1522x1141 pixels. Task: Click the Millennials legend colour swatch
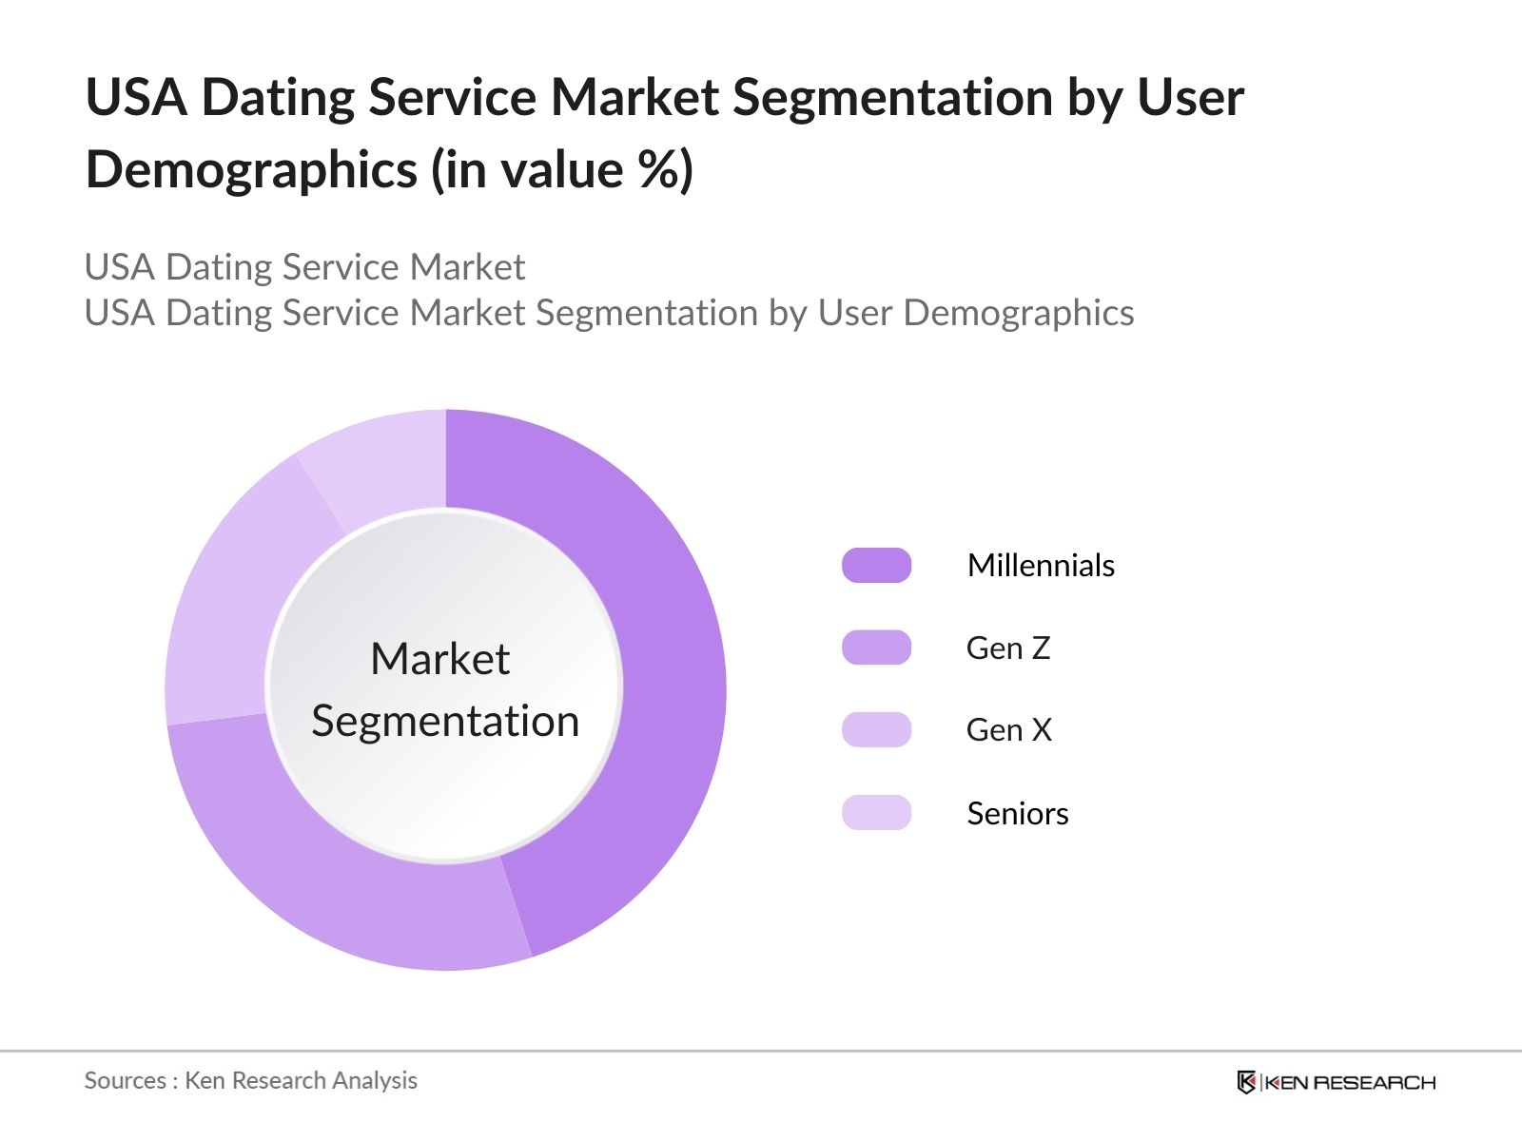(876, 565)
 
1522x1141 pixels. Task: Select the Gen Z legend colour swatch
(876, 648)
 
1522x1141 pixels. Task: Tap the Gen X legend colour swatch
(876, 729)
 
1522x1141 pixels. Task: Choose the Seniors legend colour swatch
(876, 813)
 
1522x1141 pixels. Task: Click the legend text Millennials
(1041, 565)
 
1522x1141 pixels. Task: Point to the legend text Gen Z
(1008, 648)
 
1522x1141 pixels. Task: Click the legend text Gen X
(1008, 729)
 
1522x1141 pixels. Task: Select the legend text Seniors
(1017, 813)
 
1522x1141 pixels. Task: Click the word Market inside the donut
(439, 658)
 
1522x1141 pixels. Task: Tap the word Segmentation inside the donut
(445, 721)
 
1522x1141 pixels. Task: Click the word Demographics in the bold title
(251, 170)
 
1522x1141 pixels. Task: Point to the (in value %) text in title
(562, 170)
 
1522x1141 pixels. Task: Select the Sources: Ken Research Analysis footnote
(250, 1080)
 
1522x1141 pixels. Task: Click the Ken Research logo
(1336, 1082)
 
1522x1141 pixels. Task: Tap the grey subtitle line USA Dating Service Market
(304, 267)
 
